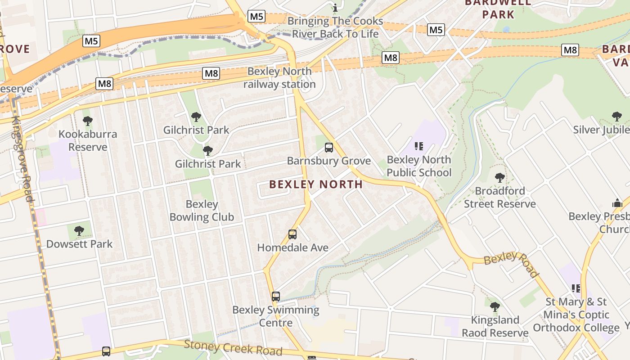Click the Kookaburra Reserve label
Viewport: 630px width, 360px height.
[x=88, y=140]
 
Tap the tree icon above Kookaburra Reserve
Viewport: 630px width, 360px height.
[x=88, y=121]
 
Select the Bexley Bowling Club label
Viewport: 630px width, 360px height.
[x=202, y=211]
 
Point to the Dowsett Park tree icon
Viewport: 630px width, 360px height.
[x=79, y=231]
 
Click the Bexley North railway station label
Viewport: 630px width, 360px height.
[x=279, y=78]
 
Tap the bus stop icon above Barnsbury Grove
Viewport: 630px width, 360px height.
[x=329, y=147]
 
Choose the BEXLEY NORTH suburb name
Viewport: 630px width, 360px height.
[x=316, y=184]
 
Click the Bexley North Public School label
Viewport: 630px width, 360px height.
[x=419, y=166]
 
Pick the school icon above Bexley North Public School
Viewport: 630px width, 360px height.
[x=419, y=146]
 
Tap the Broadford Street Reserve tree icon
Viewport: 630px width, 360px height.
[x=499, y=177]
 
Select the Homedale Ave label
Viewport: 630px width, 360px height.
[x=292, y=247]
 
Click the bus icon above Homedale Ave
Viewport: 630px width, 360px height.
[x=292, y=234]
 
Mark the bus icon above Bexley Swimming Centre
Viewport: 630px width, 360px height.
[x=276, y=297]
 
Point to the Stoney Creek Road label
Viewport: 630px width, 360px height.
[x=233, y=348]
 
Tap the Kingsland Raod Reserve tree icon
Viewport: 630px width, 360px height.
[x=495, y=307]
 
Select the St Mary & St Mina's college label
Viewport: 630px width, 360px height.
[x=576, y=315]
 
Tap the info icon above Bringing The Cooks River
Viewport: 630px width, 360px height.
[x=335, y=8]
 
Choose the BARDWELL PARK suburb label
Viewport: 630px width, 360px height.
[x=498, y=9]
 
